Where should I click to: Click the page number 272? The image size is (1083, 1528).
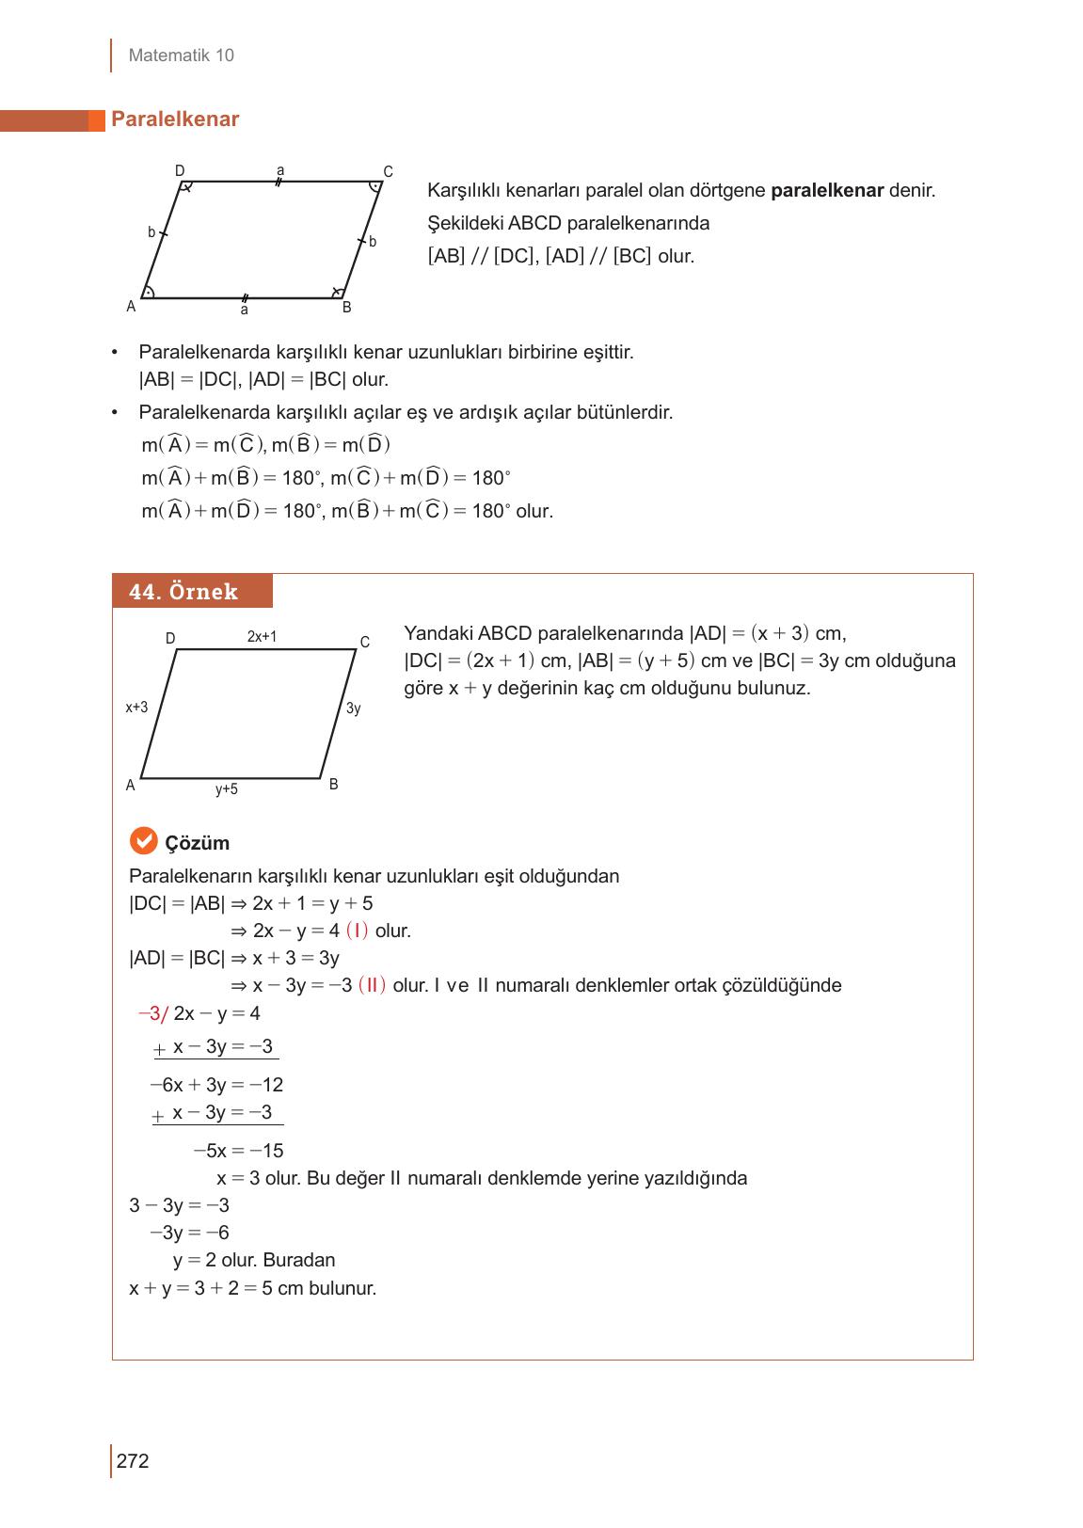point(133,1461)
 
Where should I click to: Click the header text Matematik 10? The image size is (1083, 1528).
point(181,56)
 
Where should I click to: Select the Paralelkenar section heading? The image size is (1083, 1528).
point(175,119)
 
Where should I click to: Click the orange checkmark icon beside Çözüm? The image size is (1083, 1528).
point(143,841)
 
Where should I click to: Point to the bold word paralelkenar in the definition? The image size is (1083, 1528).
point(826,191)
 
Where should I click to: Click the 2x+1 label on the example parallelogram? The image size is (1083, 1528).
point(262,637)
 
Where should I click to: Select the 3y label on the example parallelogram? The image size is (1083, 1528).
point(353,708)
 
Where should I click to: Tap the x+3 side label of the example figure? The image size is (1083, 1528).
point(136,707)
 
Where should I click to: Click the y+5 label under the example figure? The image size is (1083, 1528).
point(227,789)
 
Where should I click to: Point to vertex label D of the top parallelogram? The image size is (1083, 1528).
point(180,171)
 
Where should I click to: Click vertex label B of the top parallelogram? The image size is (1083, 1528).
point(346,308)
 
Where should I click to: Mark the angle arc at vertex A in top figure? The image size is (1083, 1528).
point(150,291)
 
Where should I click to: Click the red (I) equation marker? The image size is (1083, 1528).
point(357,931)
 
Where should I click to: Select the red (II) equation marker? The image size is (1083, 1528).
point(372,985)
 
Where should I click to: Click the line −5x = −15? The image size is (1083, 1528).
point(238,1151)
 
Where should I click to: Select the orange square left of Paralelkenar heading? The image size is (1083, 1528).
point(96,120)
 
